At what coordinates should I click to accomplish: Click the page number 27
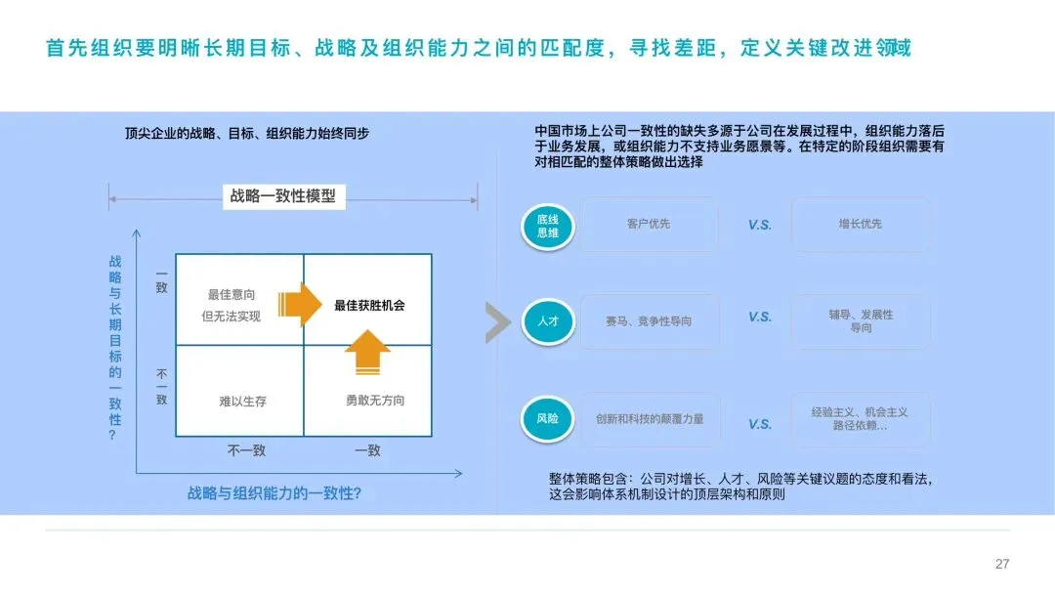[1001, 564]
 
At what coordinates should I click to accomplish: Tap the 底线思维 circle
[548, 227]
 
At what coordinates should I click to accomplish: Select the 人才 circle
[547, 320]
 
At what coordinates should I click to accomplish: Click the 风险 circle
[547, 417]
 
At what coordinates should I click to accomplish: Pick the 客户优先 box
[649, 225]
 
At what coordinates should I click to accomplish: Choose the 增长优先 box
[860, 225]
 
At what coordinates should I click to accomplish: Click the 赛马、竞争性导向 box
[649, 321]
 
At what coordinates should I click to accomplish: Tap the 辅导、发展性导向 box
[860, 321]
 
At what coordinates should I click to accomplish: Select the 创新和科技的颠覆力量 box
[649, 419]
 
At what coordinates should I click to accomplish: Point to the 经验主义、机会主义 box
[860, 419]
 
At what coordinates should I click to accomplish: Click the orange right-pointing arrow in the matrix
[299, 304]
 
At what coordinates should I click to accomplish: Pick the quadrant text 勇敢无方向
[374, 401]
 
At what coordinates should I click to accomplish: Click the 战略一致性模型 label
[282, 196]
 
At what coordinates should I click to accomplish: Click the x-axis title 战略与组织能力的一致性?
[274, 493]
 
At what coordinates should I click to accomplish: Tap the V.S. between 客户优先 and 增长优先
[760, 226]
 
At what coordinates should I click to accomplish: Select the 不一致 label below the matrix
[246, 450]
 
